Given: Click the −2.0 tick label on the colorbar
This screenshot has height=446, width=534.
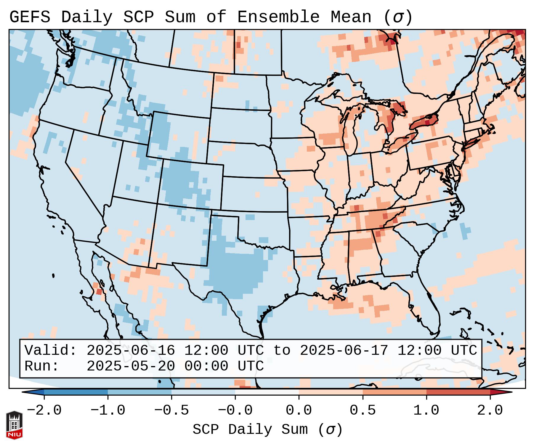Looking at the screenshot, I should click(44, 410).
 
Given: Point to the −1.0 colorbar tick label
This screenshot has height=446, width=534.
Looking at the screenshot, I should click(108, 410).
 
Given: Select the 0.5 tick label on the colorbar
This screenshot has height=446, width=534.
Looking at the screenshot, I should click(363, 410).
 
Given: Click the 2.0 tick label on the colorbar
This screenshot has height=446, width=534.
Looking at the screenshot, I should click(490, 410).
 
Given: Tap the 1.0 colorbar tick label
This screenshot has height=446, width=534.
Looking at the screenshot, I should click(426, 410).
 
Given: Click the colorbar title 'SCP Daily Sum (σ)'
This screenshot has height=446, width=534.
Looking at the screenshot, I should click(267, 429).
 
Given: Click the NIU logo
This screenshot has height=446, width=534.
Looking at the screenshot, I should click(14, 425).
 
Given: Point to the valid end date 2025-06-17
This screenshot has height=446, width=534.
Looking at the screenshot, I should click(344, 350).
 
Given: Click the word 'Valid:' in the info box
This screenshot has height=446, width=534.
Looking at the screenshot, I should click(50, 350).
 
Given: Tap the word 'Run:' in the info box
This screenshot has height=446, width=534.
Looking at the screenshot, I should click(41, 366).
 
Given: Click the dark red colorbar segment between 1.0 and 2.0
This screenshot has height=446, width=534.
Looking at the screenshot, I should click(458, 392).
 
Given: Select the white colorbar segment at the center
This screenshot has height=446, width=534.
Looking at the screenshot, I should click(267, 392).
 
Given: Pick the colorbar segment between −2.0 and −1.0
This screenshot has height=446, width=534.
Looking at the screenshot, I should click(76, 392).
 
